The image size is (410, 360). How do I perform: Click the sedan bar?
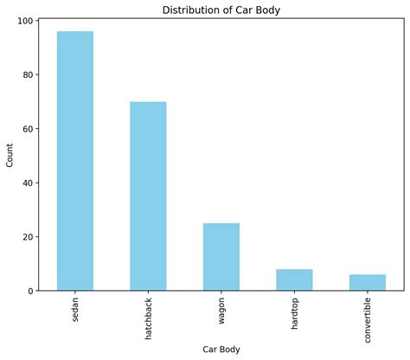click(75, 161)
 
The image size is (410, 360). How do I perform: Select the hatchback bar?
click(148, 196)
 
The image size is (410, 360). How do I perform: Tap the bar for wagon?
click(221, 257)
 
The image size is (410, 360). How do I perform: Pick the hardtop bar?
click(294, 280)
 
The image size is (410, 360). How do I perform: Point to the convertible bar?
click(368, 282)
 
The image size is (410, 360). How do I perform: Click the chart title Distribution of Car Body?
click(221, 10)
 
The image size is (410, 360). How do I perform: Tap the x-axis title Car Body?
click(221, 349)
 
